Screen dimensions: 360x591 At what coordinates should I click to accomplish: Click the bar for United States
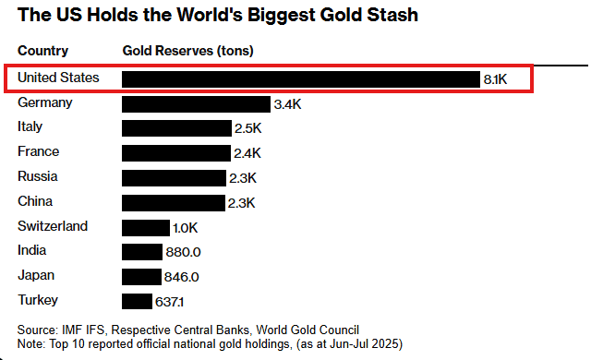301,79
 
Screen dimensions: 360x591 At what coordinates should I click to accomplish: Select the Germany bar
196,104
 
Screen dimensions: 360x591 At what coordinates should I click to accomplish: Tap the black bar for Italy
176,128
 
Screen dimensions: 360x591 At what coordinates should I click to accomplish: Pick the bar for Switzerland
146,227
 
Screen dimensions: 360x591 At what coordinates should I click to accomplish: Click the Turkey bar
137,301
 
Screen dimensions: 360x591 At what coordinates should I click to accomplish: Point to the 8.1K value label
496,79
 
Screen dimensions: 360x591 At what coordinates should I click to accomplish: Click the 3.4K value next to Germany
288,104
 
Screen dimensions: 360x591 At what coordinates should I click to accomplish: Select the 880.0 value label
182,251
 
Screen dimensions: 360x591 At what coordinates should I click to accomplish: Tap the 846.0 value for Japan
181,276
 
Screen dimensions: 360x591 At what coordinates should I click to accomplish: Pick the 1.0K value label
185,227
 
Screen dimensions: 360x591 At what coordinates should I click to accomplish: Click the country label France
38,151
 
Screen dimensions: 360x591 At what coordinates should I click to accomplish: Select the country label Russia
38,176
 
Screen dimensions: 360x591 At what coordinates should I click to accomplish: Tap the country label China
35,201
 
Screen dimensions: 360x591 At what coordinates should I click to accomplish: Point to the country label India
32,250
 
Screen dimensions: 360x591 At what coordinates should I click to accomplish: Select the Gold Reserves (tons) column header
187,50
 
